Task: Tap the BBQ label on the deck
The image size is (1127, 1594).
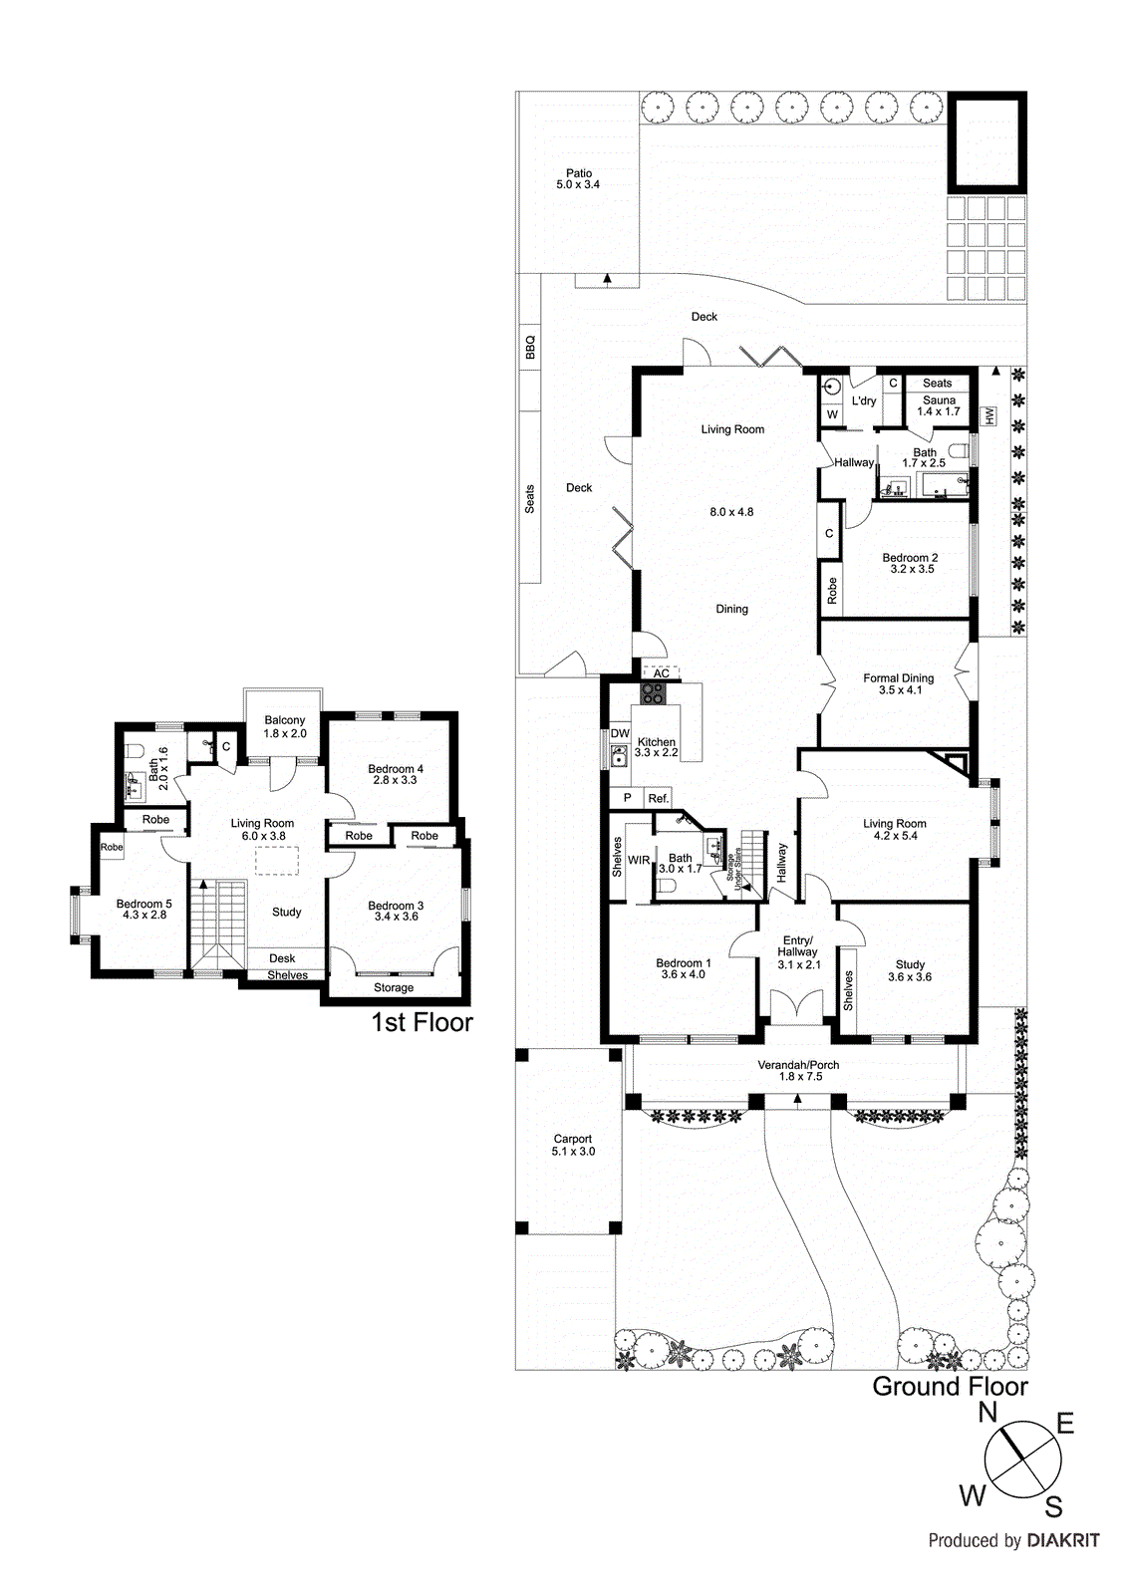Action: pos(530,347)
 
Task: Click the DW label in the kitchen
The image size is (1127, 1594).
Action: pos(620,733)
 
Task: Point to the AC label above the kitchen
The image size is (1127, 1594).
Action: pos(662,673)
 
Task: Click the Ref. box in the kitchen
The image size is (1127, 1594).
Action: pos(658,798)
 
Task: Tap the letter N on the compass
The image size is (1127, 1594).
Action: pos(987,1412)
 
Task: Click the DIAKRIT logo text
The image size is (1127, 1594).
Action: pos(1062,1540)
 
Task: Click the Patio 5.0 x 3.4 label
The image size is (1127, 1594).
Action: pos(578,179)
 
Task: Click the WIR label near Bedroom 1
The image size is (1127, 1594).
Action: pos(639,860)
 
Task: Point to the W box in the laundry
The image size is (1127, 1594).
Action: pos(832,414)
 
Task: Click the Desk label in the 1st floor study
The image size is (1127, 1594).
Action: pos(282,958)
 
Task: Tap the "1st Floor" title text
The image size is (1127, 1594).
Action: pos(422,1022)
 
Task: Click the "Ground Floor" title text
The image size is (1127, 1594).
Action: pos(949,1386)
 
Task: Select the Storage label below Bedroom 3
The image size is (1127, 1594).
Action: pos(394,987)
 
